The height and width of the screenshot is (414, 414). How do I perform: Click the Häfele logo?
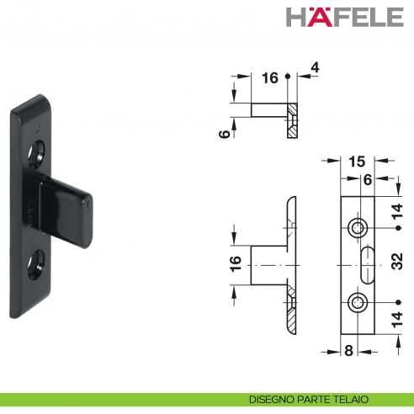pos(345,17)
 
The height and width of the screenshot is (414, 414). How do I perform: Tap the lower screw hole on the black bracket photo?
pos(36,265)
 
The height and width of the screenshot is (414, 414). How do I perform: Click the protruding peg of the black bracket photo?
pos(66,210)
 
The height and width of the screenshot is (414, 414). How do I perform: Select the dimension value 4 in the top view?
pos(316,67)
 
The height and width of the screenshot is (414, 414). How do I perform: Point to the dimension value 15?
pos(357,162)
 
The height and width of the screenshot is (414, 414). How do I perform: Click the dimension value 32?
pos(397,261)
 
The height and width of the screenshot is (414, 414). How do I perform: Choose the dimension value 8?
pos(348,351)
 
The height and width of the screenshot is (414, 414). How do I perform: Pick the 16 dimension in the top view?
pos(270,77)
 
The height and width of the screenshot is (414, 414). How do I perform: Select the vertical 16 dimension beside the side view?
pos(236,263)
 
